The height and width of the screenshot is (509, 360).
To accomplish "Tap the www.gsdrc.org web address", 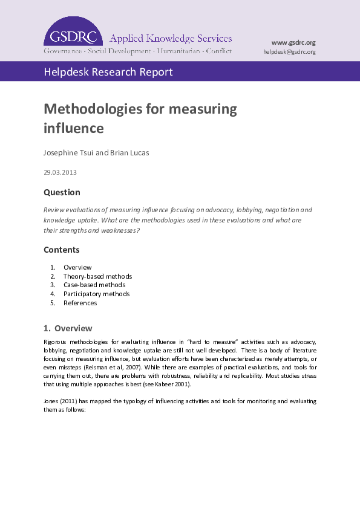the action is pos(293,42).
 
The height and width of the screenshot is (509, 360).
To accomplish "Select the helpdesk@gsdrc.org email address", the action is pos(289,52).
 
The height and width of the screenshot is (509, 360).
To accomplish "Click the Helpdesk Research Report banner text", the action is pos(108,72).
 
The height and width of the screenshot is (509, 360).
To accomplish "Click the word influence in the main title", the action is pos(74,128).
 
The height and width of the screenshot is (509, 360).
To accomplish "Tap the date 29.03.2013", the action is pos(60,172).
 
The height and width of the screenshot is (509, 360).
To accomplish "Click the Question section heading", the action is pos(62,192).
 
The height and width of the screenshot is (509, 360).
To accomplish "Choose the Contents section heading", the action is pos(61,250).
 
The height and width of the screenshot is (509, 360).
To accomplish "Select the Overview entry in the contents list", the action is pos(77,267).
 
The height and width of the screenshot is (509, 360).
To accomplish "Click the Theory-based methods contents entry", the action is pos(97,276).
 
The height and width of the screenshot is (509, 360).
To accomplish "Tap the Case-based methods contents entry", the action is pos(94,285).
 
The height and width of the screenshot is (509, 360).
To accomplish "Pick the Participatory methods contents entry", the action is pos(96,294).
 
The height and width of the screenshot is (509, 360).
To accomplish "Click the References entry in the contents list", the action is pos(80,303).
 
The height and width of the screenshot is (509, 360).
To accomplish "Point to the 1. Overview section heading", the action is pos(68,328).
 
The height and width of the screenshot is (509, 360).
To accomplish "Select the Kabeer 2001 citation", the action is pos(176,384).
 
